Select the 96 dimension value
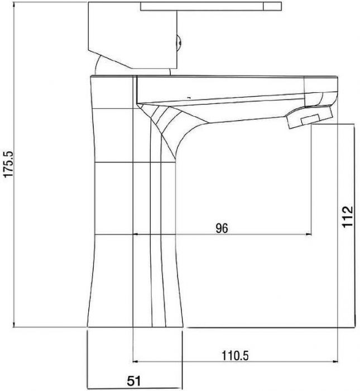pos(222,228)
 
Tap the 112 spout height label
pos(348,217)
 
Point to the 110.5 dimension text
pos(235,355)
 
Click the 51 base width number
pos(134,380)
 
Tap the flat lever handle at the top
pos(211,6)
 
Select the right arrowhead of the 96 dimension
pos(309,234)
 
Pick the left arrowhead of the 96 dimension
pos(136,234)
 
